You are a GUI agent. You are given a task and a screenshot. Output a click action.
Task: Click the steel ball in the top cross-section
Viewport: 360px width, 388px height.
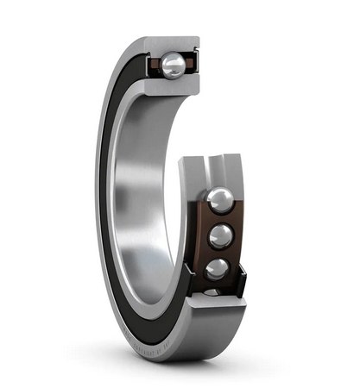174,65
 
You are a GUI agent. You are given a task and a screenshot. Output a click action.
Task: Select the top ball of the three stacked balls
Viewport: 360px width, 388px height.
219,201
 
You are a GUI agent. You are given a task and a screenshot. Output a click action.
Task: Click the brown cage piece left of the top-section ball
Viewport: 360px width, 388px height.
156,64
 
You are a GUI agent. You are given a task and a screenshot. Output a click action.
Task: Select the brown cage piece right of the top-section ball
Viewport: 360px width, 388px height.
192,63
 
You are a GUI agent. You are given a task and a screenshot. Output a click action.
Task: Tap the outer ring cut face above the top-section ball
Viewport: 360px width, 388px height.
173,44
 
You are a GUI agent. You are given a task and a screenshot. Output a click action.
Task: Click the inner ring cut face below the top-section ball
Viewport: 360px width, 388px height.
173,85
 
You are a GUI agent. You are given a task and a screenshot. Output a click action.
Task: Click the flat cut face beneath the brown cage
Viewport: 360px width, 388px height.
216,315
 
